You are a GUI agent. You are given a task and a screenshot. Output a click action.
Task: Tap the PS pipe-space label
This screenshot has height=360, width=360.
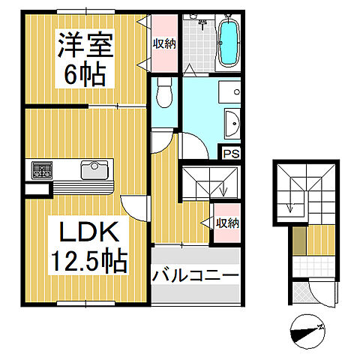pos(230,151)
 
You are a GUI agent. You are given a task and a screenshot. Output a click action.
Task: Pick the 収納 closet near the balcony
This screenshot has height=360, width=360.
pos(227,223)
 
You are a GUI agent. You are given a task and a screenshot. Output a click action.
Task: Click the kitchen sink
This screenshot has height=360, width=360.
pos(94,169)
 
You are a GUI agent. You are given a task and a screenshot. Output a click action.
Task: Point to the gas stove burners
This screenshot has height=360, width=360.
pos(41,170)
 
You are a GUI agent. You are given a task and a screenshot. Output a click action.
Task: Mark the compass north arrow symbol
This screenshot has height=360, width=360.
pos(307,331)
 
